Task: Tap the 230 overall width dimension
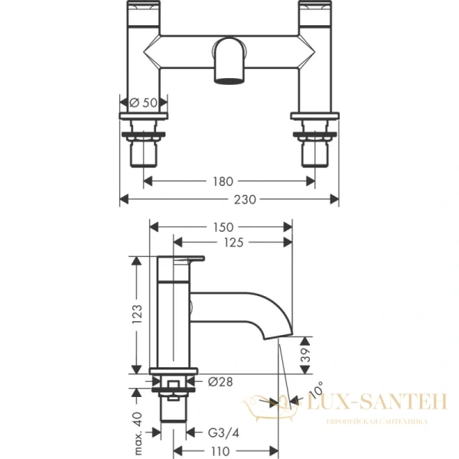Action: point(229,199)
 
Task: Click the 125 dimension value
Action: point(233,243)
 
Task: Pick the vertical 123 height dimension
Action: point(138,314)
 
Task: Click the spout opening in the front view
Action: point(229,78)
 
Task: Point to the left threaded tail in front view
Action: point(143,153)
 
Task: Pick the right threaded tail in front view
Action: point(315,153)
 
